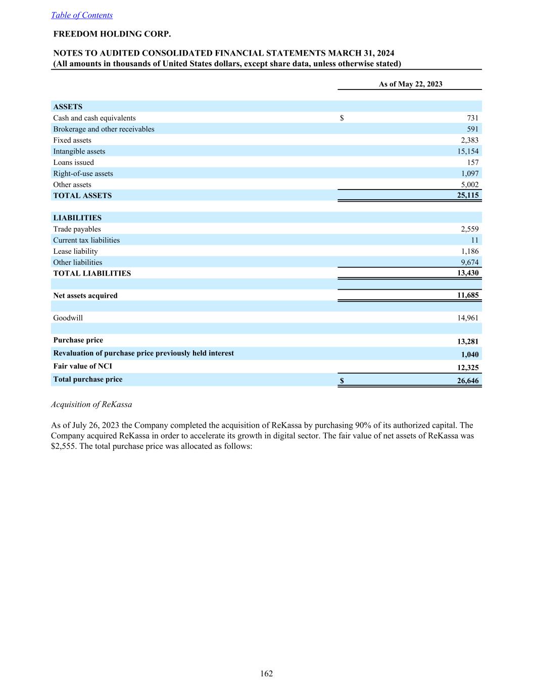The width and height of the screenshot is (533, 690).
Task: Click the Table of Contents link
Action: coord(82,15)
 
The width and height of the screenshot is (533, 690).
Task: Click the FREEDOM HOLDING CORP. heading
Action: coord(112,34)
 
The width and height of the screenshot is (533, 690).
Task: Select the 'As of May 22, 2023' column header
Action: coord(410,84)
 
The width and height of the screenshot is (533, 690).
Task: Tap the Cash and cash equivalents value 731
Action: coord(472,118)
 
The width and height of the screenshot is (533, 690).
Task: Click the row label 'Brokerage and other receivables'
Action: coord(104,129)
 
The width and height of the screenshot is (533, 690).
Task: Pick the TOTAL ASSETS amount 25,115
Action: coord(468,195)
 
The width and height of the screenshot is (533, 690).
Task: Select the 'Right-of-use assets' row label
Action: coord(83,173)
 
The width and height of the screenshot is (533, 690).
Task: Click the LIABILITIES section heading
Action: coord(77,218)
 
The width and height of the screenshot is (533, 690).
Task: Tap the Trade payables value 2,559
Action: coord(469,229)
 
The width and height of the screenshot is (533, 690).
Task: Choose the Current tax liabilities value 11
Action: coord(474,240)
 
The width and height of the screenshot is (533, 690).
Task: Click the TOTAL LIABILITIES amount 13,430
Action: coord(468,273)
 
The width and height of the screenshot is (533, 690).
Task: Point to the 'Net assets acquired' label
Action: coord(85,296)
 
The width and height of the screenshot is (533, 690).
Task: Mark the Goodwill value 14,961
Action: coord(468,318)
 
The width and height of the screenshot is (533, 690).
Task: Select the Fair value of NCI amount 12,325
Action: coord(468,367)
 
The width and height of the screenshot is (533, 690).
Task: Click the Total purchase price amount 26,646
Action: coord(468,381)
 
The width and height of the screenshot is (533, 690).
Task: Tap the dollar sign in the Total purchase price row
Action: coord(342,381)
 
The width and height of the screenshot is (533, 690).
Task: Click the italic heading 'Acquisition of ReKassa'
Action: coord(91,404)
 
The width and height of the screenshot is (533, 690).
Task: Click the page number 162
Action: coord(267,673)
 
